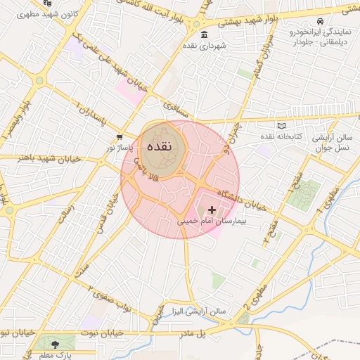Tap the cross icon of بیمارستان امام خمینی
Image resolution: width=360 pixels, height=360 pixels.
[212, 210]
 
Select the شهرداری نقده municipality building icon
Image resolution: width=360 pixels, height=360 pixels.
[204, 35]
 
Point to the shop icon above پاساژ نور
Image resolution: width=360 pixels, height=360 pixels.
[120, 137]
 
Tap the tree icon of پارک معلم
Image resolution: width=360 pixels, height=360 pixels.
[54, 343]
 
